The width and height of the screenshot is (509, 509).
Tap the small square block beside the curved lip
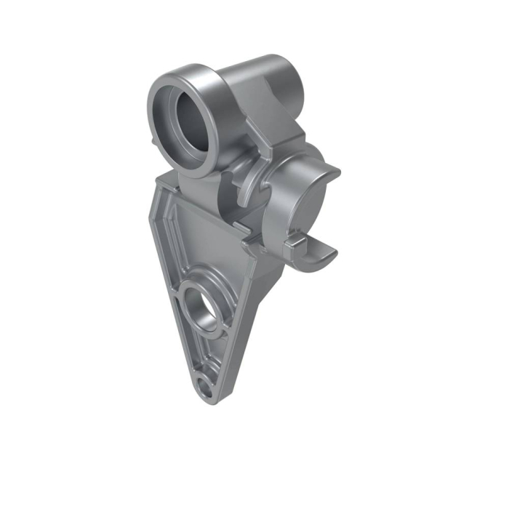click(294, 242)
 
